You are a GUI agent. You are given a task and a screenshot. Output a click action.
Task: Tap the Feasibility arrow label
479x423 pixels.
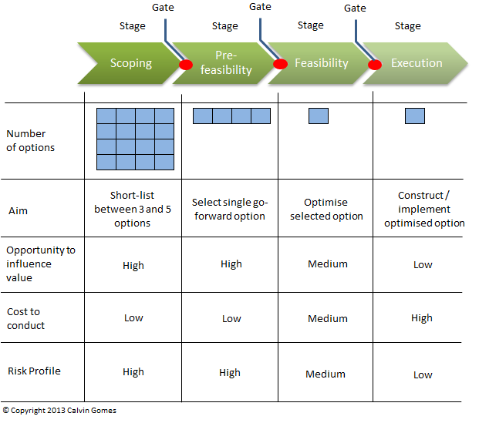tap(322, 63)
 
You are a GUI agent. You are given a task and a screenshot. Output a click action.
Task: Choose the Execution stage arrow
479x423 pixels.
tap(416, 63)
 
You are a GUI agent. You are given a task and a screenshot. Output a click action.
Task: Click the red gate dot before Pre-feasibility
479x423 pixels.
tap(186, 65)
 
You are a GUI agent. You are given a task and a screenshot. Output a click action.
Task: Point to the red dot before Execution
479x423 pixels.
tap(375, 65)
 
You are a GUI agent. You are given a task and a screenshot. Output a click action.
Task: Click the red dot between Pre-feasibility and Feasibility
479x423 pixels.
tap(280, 64)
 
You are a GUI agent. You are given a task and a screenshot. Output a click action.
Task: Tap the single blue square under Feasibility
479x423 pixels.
tap(319, 116)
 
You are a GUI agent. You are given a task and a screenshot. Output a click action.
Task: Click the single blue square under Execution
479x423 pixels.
tap(415, 116)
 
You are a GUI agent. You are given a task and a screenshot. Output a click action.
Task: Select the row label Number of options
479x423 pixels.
tap(31, 141)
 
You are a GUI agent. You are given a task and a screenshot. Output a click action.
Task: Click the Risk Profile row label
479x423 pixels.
tap(34, 371)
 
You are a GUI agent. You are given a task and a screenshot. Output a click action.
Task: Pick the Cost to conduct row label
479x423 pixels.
tap(25, 319)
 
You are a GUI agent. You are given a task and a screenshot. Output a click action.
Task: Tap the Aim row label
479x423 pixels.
tap(18, 211)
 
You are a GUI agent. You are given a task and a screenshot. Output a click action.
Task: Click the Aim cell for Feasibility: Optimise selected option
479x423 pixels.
tap(326, 209)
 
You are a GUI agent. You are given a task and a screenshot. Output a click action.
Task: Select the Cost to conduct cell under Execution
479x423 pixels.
tap(422, 318)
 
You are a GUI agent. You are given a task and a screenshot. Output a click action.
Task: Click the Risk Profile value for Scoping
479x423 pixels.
tap(133, 372)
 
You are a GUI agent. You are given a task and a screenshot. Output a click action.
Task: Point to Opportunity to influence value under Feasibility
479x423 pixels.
tap(328, 264)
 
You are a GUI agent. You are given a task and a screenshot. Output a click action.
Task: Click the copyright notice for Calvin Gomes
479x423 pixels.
tap(59, 411)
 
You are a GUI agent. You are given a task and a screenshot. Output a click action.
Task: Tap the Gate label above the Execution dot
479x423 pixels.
tap(355, 8)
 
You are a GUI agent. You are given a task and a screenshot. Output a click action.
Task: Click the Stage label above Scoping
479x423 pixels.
tap(132, 26)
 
